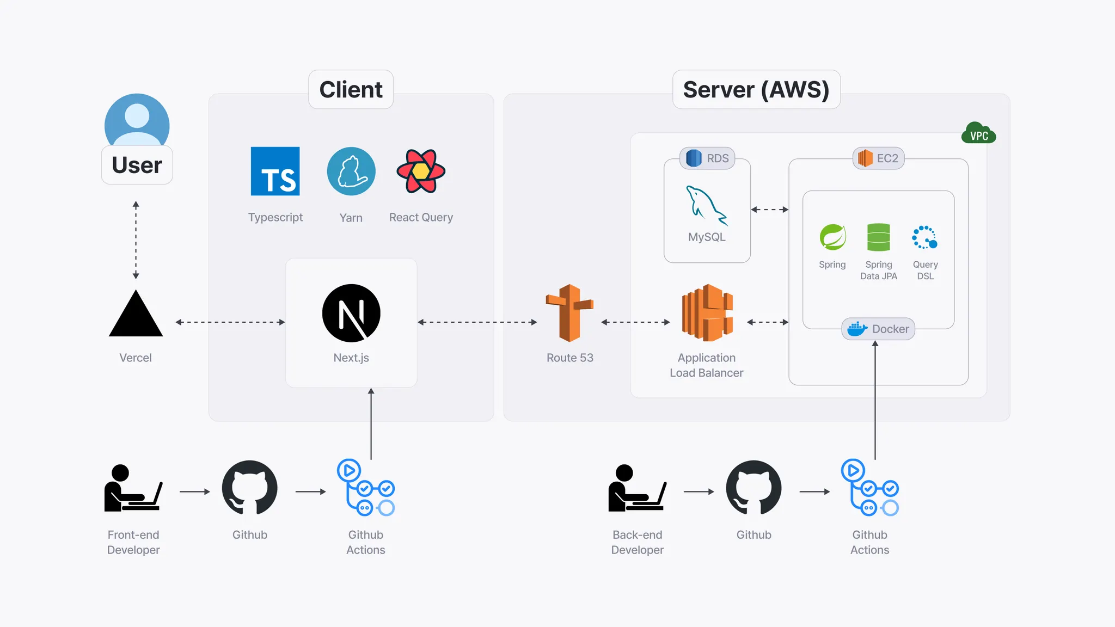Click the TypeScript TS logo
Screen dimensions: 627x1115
coord(275,171)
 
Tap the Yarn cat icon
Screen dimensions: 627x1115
coord(351,171)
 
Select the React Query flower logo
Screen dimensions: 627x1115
coord(421,171)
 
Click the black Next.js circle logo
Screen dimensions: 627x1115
coord(351,313)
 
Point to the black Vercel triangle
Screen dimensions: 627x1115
coord(136,316)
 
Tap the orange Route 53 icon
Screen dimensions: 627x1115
coord(569,313)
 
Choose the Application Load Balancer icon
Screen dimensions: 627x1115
coord(707,313)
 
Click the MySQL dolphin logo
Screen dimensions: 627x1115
coord(706,206)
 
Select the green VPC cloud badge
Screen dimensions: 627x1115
coord(978,133)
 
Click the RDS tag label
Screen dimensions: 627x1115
coord(707,158)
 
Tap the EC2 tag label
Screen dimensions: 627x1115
coord(878,158)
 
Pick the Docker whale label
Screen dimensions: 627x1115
coord(878,329)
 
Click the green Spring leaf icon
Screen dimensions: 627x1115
coord(832,237)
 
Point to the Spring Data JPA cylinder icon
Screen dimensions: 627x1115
coord(878,237)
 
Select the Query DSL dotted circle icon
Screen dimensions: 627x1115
coord(924,237)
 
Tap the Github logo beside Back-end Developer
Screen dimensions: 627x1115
coord(753,488)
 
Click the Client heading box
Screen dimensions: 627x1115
coord(351,89)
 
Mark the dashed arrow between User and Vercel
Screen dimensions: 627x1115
coord(136,239)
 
